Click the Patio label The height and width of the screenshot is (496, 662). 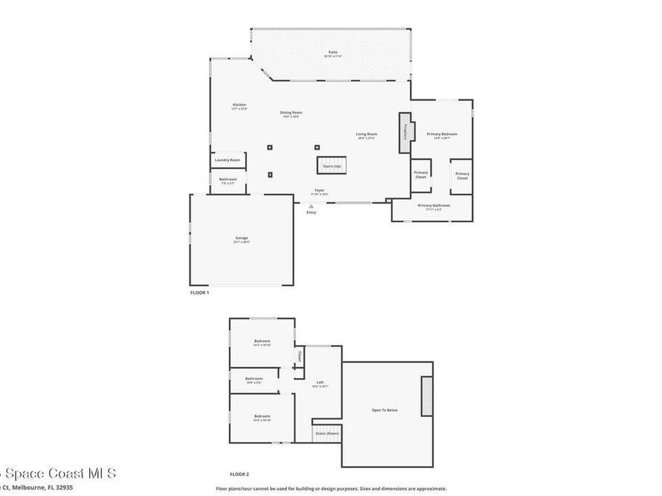[x=333, y=52]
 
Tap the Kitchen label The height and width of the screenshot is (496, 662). [x=239, y=105]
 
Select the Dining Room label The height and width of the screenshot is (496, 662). [x=292, y=113]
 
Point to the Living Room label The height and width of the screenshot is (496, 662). [x=366, y=134]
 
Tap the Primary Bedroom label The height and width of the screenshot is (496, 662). [x=442, y=134]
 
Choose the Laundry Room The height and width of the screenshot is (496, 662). [x=228, y=160]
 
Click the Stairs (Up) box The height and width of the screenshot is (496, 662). [x=328, y=166]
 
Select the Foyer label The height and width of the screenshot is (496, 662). [x=319, y=191]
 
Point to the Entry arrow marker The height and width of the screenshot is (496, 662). [x=311, y=206]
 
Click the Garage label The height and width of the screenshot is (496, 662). [x=241, y=238]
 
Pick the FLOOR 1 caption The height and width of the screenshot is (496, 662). [x=199, y=293]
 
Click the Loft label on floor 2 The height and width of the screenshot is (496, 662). [x=320, y=382]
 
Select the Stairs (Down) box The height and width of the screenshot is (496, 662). [x=327, y=433]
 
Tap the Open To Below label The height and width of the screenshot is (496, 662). [x=384, y=410]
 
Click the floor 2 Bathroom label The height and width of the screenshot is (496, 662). [x=254, y=379]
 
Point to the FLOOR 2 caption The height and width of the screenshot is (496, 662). [x=239, y=474]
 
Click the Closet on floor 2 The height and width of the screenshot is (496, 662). [x=299, y=356]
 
